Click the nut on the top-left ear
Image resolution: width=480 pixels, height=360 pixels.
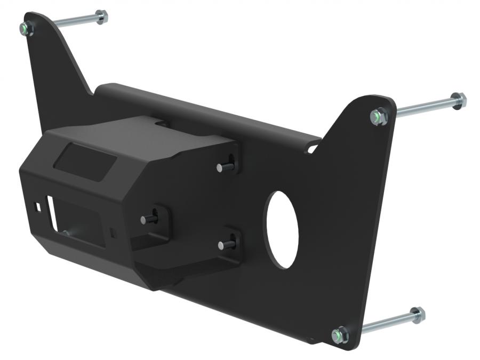coord(27,29)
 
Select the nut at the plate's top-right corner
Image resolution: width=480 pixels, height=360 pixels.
coord(379,116)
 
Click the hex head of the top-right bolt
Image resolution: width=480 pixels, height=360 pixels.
coord(458,100)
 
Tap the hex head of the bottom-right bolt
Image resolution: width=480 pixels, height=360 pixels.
coord(417,315)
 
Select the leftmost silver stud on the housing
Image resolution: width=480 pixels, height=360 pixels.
coord(144,219)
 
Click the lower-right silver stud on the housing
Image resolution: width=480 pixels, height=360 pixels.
coord(221,245)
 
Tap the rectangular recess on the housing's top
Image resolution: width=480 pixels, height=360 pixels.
coord(85,161)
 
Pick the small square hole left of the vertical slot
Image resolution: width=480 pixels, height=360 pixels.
coord(38,205)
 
